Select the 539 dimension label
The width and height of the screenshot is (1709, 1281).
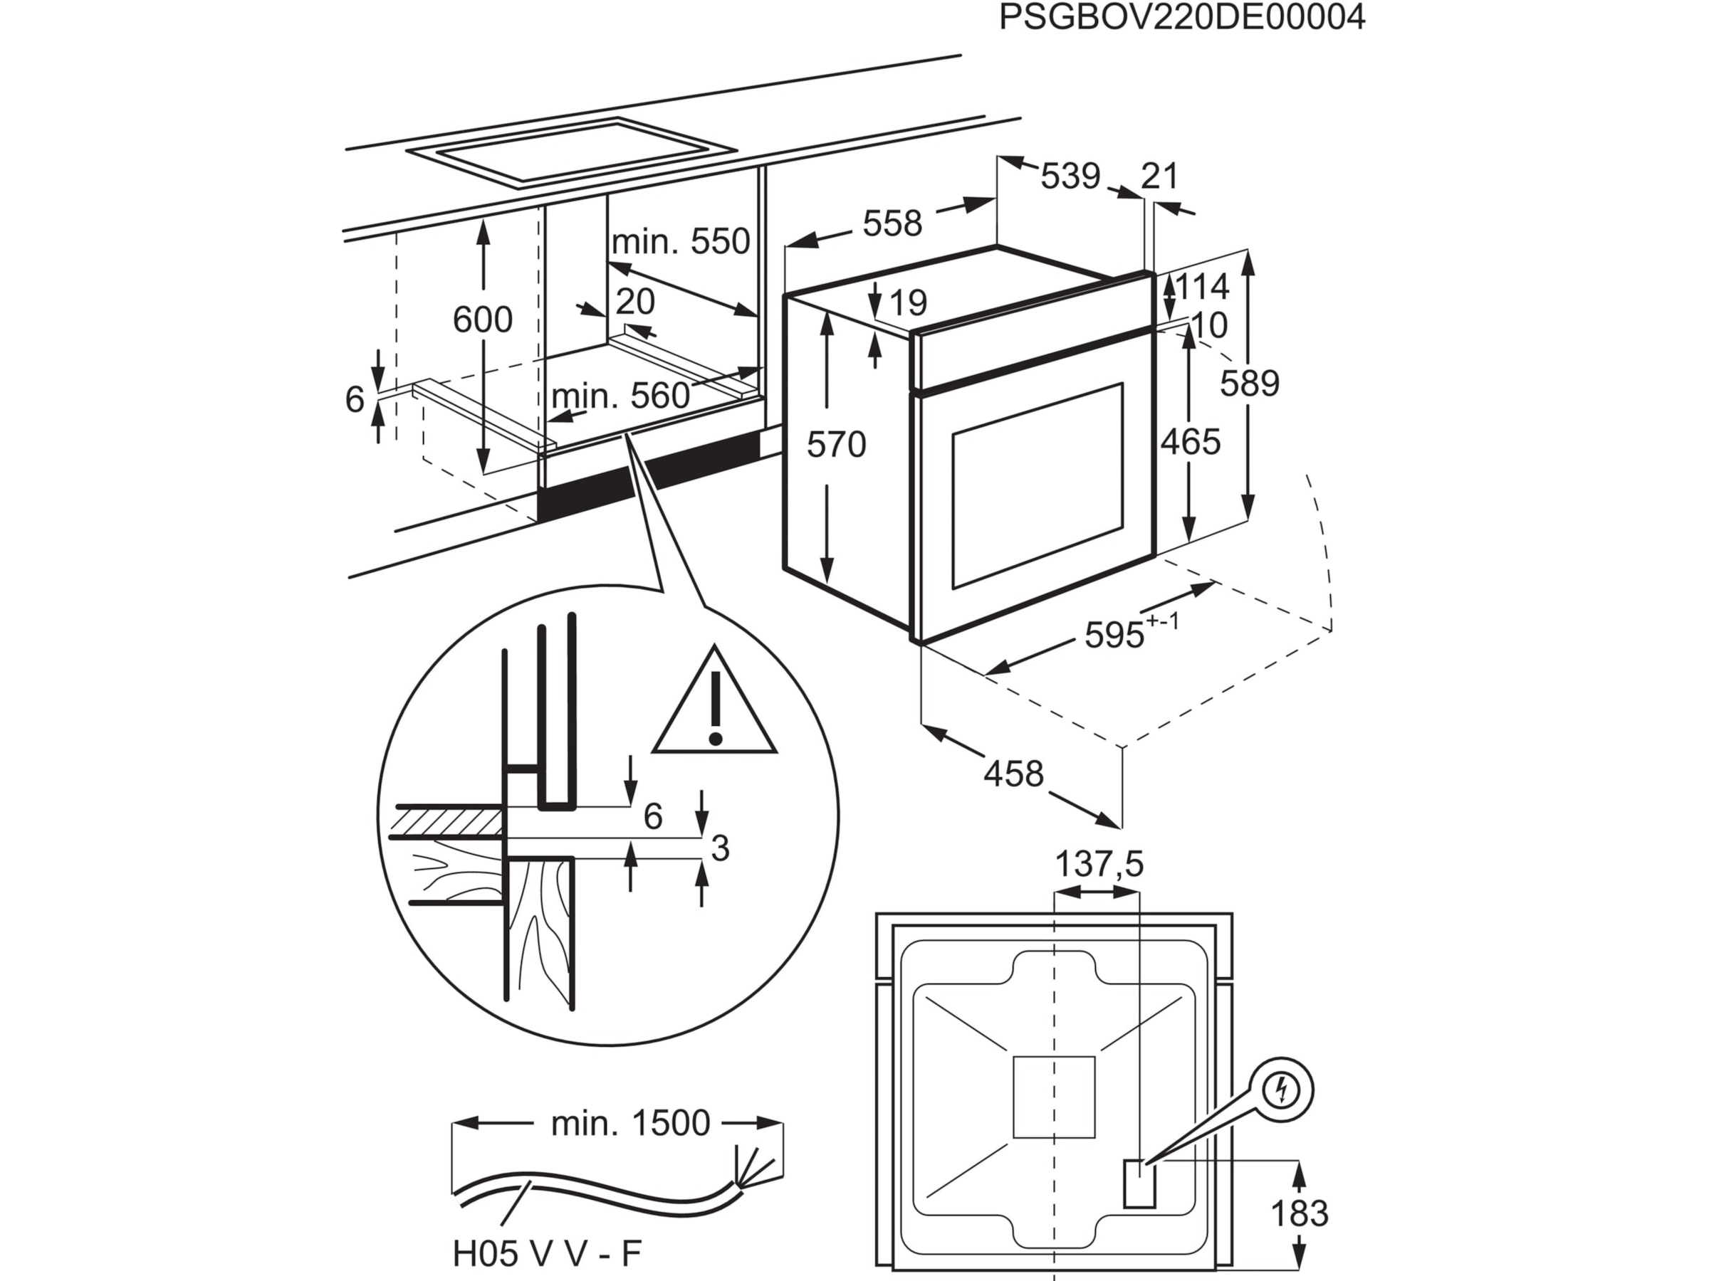(1070, 176)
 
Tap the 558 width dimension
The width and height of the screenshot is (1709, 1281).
(892, 224)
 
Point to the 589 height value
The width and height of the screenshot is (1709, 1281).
(1249, 384)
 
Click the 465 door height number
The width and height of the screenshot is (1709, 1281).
(1191, 443)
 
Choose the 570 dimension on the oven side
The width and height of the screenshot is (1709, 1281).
(836, 446)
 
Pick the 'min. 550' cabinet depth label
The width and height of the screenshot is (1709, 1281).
(681, 242)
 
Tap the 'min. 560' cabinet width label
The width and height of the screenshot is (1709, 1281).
(620, 397)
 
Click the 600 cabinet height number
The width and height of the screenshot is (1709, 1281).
(482, 320)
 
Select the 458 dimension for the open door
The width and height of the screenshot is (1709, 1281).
(1013, 773)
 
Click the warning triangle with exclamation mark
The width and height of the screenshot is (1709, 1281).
(715, 705)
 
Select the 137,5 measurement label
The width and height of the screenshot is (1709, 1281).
(1099, 865)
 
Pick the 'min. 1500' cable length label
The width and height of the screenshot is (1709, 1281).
(629, 1124)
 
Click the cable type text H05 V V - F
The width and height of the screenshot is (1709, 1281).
(547, 1255)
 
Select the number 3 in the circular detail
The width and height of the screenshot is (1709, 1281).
(719, 848)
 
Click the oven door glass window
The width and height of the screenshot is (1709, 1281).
(1037, 485)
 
